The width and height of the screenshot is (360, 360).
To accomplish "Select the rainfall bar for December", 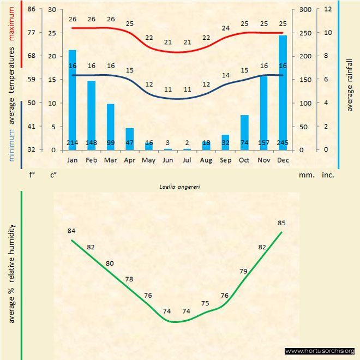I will pos(282,93).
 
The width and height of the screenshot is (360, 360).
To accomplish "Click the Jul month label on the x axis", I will pos(187,160).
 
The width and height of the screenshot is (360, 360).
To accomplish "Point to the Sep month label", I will pos(225,160).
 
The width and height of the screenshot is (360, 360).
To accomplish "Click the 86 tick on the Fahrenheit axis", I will pos(31,10).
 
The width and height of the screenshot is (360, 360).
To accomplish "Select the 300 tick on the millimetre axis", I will pos(305,10).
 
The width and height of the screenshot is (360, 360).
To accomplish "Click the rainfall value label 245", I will pos(282,143).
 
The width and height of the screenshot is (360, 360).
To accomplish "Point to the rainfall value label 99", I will pos(110,143).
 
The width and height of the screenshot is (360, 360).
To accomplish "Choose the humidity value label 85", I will pos(281,223).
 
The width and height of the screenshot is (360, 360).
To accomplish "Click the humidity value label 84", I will pos(71,231).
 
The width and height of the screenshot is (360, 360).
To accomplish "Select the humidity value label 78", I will pos(129,279).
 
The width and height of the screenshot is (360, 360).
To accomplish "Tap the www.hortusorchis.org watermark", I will pos(320,351).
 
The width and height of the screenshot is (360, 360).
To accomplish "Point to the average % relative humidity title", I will pos(11,273).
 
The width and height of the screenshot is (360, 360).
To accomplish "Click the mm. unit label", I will pos(305,176).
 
